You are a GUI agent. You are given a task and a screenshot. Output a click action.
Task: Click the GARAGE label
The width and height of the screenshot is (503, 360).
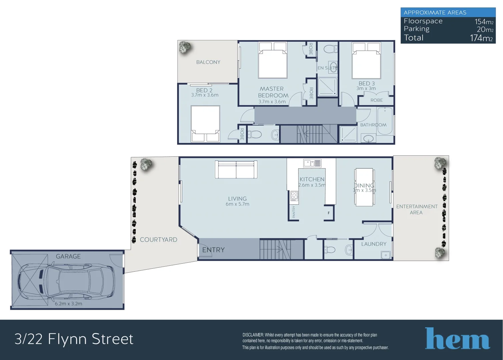pos(68,256)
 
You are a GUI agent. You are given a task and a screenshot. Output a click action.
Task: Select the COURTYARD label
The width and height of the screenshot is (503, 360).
pos(158,240)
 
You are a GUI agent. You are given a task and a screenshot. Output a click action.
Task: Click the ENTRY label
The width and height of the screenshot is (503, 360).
pos(213,250)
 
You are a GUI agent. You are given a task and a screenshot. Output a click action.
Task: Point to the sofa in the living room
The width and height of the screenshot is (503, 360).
pos(236,170)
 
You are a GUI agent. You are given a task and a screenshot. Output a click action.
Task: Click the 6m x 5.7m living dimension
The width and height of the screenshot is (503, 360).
pos(237,204)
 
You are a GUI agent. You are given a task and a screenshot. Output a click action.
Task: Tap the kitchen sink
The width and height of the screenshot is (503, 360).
pos(312,163)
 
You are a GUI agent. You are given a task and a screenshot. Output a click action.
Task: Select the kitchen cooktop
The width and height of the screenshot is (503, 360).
pos(294,196)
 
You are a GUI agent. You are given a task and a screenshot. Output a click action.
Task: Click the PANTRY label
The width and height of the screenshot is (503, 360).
pos(294,212)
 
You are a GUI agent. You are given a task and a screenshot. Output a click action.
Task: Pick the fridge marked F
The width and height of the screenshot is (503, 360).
pos(329,213)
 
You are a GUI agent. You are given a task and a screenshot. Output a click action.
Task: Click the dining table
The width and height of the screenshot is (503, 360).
pos(364,187)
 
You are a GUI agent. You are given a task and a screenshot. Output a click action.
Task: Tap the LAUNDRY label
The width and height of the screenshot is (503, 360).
pos(374,244)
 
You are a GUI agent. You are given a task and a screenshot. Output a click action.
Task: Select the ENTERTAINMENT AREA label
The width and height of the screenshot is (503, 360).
pos(417,209)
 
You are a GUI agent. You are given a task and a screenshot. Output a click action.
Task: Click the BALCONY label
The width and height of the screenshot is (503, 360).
pos(208,62)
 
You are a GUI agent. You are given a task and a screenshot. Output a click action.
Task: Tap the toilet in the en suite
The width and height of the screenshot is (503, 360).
pos(328,49)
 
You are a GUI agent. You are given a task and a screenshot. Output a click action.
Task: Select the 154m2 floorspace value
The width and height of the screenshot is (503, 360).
pos(484,22)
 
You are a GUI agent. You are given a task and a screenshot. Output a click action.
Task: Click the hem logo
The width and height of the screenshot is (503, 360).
pos(457,339)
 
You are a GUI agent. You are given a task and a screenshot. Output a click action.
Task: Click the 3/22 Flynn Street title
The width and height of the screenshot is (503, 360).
pos(74,339)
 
